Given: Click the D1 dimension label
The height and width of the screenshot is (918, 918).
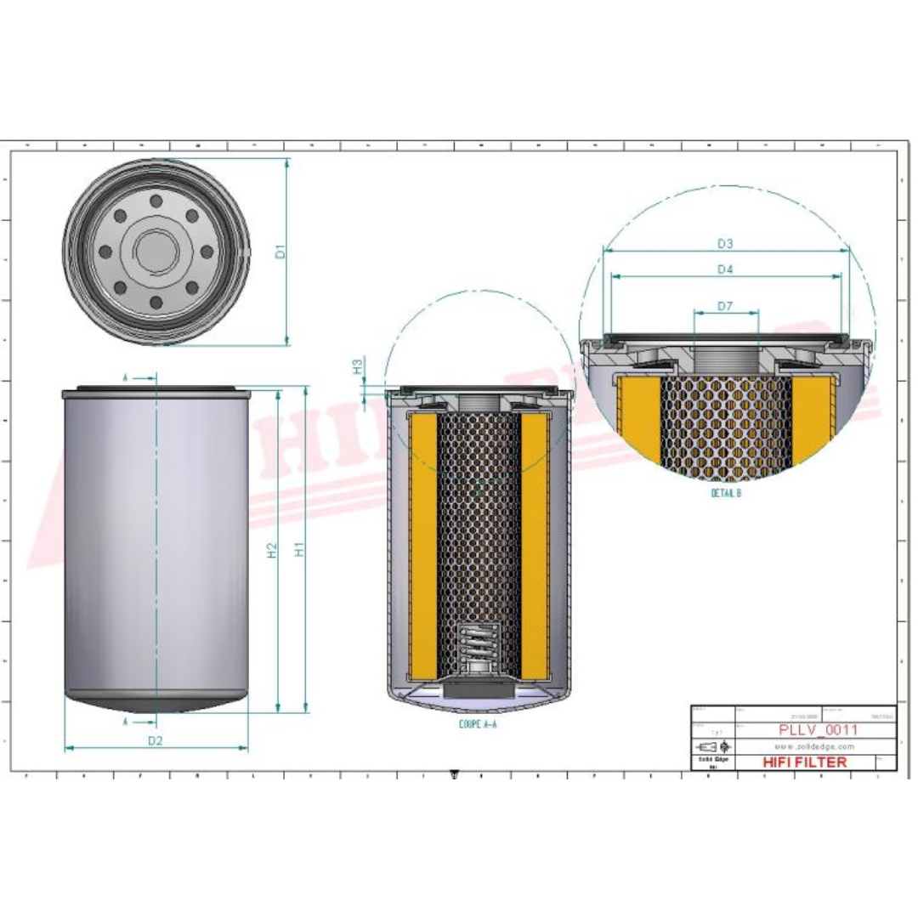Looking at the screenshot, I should coord(279,252).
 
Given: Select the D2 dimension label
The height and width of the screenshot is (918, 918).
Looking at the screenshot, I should coord(156,740).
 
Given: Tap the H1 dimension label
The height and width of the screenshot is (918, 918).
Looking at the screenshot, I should coord(298,550).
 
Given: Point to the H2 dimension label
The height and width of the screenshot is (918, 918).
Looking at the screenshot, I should coord(272,550).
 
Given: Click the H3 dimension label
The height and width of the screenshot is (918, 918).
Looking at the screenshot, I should coord(358,367).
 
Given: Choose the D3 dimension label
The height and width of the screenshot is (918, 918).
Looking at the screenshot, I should coord(724,244).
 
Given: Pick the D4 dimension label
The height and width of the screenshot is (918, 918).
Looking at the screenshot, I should coord(724,269).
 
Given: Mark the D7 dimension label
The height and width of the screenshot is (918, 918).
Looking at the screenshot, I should coord(724,306).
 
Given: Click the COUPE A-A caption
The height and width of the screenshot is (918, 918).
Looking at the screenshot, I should coord(476,725).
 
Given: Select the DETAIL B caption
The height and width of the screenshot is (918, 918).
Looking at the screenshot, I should coord(726,493).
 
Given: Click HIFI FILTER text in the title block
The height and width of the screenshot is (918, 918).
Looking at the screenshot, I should coord(794,762).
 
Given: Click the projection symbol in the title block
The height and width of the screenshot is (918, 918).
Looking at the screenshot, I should coord(705,745).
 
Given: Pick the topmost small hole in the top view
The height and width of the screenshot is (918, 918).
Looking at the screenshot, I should coord(156,201).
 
